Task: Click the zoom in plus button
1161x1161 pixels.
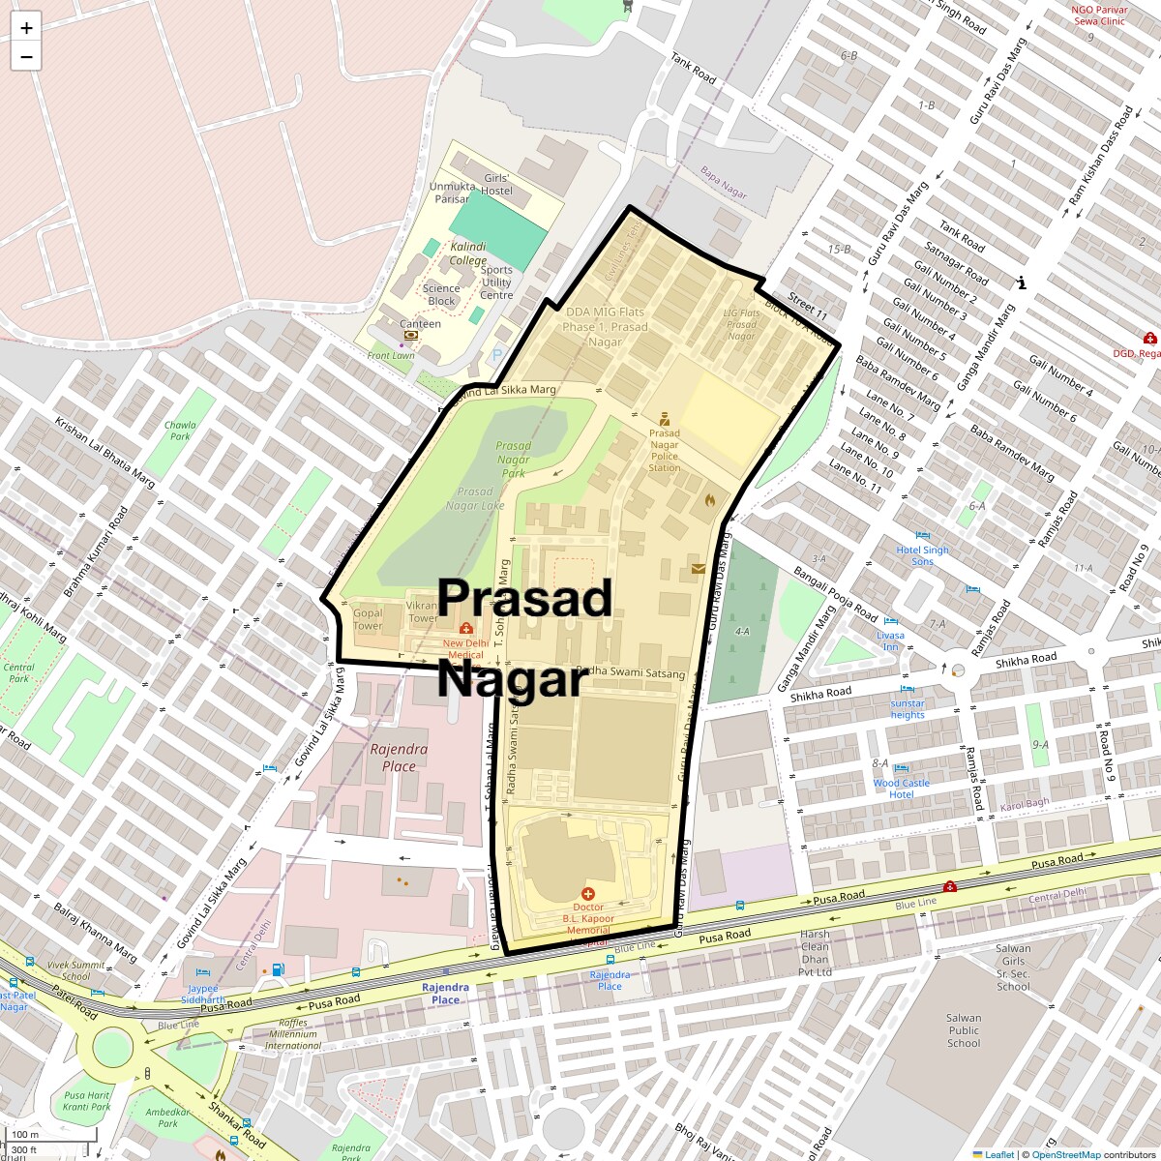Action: click(x=26, y=27)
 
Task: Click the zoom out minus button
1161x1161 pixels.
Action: click(x=26, y=57)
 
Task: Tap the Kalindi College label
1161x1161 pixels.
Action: click(x=468, y=253)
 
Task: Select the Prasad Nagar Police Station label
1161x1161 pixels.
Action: click(x=664, y=450)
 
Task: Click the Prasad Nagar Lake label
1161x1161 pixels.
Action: click(x=475, y=498)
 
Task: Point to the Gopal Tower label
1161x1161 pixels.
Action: click(x=368, y=619)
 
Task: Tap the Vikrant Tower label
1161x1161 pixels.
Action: click(x=423, y=612)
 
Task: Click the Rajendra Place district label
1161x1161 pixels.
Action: click(x=399, y=758)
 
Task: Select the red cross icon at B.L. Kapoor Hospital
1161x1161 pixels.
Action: click(x=587, y=894)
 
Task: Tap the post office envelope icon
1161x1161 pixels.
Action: click(x=699, y=569)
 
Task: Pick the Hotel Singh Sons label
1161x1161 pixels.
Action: click(x=922, y=555)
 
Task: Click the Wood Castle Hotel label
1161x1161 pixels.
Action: click(x=901, y=789)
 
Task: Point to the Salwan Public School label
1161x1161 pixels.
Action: click(x=964, y=1030)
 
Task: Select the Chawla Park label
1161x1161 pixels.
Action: click(x=180, y=431)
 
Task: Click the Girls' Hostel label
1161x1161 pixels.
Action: click(x=496, y=184)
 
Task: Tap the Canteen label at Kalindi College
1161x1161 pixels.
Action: click(x=420, y=324)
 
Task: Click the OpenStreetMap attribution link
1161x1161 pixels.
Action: click(x=1066, y=1154)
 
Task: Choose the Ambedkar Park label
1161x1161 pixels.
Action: click(x=168, y=1117)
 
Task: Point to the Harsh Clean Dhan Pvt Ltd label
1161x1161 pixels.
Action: click(x=815, y=953)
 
